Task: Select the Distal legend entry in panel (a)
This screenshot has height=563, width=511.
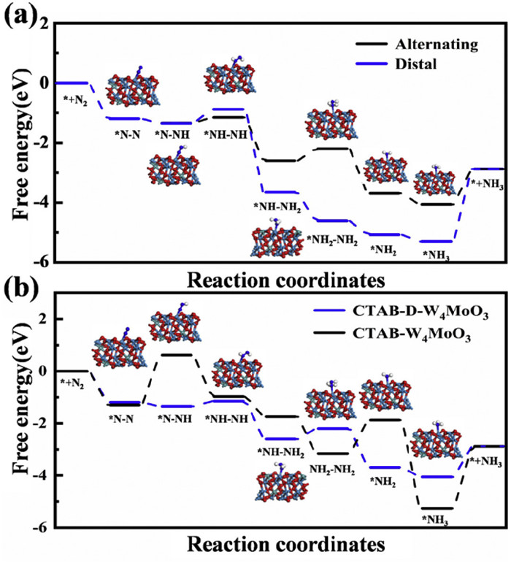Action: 418,64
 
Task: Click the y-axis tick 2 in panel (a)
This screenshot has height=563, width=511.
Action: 45,23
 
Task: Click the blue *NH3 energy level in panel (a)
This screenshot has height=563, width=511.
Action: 437,241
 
